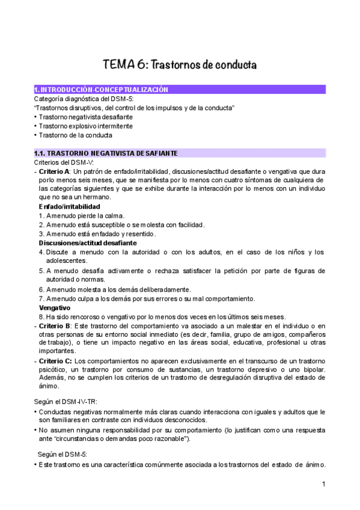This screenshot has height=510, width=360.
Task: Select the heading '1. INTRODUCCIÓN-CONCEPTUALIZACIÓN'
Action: pyautogui.click(x=101, y=89)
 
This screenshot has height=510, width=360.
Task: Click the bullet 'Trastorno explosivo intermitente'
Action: pyautogui.click(x=85, y=126)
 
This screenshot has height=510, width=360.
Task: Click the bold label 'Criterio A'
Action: pyautogui.click(x=56, y=171)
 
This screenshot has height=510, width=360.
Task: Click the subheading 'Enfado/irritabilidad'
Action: pyautogui.click(x=70, y=207)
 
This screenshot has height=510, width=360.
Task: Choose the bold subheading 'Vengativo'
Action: pyautogui.click(x=55, y=308)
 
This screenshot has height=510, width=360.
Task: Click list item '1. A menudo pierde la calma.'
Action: pyautogui.click(x=81, y=216)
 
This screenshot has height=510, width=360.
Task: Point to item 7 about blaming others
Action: pyautogui.click(x=154, y=299)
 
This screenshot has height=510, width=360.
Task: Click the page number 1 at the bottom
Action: pyautogui.click(x=323, y=484)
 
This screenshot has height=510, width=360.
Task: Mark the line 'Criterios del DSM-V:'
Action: pyautogui.click(x=64, y=163)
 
